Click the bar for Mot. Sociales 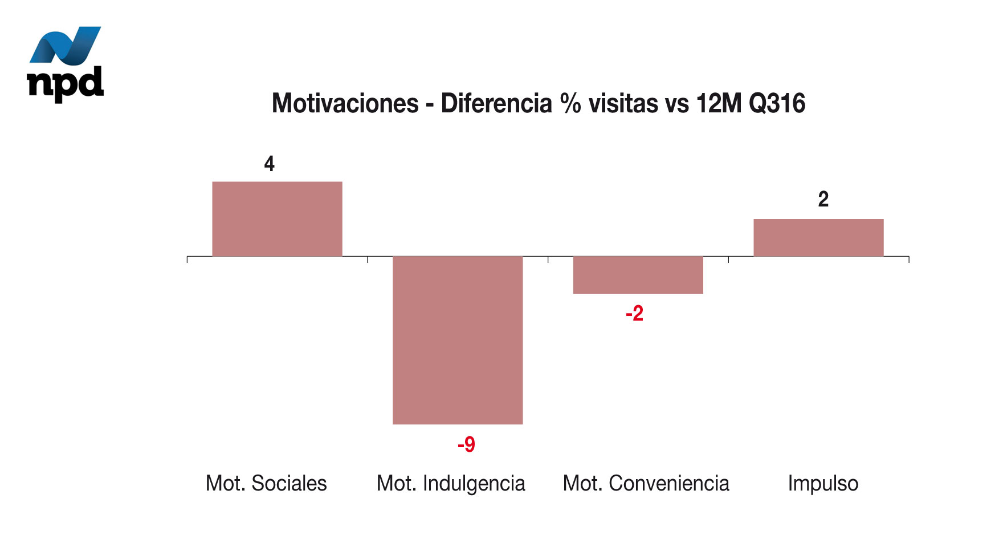[277, 219]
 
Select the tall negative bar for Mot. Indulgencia [458, 340]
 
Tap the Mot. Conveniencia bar [638, 275]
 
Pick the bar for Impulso [818, 237]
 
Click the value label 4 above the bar [270, 164]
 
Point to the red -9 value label [466, 444]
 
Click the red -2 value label [634, 314]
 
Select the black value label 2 [823, 200]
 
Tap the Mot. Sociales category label [266, 483]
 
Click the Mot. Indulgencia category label [451, 483]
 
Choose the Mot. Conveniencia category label [646, 483]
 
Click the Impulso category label [823, 483]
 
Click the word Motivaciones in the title [345, 104]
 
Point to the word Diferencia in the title [496, 104]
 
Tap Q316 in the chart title [777, 104]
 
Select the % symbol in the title [570, 104]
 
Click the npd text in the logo [66, 83]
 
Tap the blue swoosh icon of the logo [66, 45]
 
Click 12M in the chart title [719, 104]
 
